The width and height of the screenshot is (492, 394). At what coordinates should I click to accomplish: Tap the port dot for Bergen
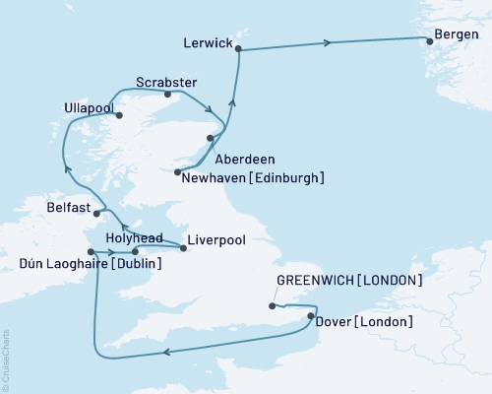click(x=428, y=40)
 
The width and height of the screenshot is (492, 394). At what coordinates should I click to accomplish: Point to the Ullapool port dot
click(x=121, y=115)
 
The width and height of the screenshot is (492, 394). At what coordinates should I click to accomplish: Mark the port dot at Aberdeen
click(x=211, y=138)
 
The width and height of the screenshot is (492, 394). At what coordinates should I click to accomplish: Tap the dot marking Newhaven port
click(x=177, y=172)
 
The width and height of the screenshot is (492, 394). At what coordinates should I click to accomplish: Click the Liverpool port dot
click(x=183, y=248)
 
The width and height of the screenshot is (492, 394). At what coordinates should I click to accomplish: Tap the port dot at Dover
click(x=311, y=316)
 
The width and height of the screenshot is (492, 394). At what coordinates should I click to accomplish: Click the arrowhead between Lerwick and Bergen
click(x=329, y=42)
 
